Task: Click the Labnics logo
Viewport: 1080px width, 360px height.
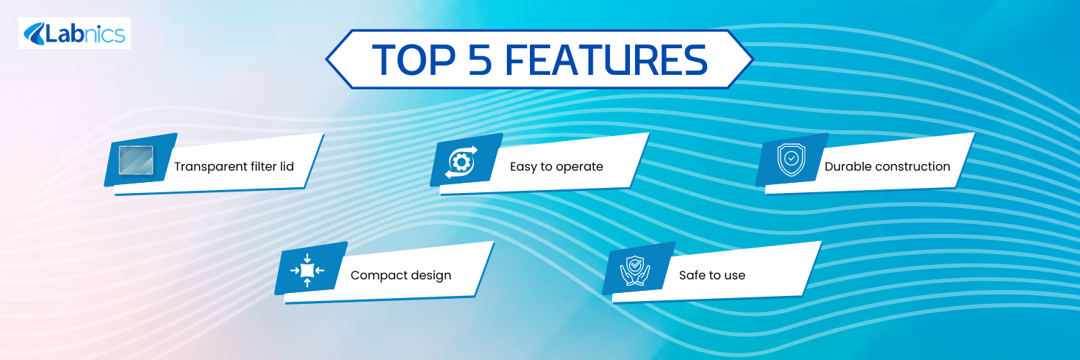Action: click(x=75, y=33)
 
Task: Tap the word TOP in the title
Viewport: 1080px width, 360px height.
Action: click(x=414, y=60)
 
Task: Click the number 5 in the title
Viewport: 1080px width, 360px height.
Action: click(x=480, y=60)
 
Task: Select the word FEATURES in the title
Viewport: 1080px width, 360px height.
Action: click(x=606, y=60)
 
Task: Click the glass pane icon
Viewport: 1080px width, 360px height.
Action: click(x=136, y=160)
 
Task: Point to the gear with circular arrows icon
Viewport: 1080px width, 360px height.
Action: click(x=462, y=162)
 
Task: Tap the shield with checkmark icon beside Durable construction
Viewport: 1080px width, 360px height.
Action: click(x=791, y=160)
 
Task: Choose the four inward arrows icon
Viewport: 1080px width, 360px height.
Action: click(x=307, y=271)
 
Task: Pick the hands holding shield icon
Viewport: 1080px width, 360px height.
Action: click(x=635, y=271)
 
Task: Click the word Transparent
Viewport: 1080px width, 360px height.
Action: click(x=211, y=167)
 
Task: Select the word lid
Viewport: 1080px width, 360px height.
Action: click(x=287, y=166)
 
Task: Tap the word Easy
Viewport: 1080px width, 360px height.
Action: click(x=523, y=167)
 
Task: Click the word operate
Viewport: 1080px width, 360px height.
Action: click(x=580, y=167)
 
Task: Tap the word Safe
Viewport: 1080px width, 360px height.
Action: click(x=693, y=275)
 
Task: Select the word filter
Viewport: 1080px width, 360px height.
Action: click(x=264, y=166)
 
